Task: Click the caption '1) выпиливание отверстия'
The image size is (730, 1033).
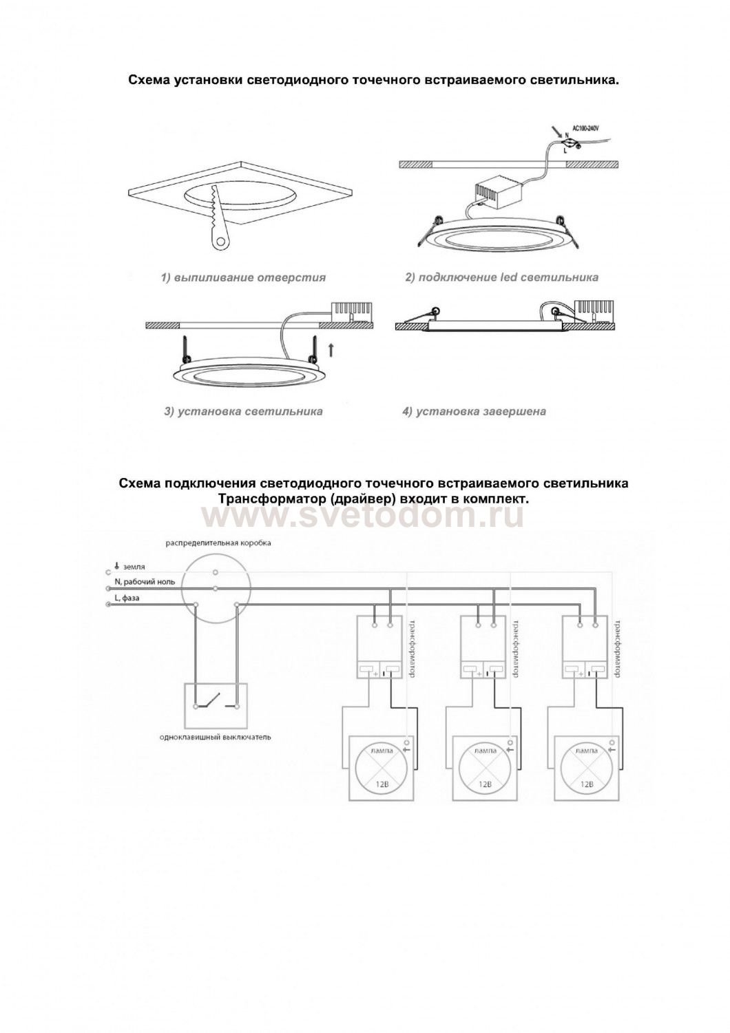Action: click(x=243, y=278)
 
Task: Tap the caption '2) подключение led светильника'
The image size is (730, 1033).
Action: click(x=501, y=278)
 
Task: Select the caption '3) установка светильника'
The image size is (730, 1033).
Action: click(x=243, y=412)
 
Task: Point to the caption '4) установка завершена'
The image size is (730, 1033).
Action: click(x=474, y=412)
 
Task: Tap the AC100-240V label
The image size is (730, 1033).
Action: click(x=586, y=128)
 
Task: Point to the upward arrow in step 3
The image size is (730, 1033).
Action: click(x=331, y=350)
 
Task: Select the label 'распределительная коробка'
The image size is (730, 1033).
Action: click(x=218, y=543)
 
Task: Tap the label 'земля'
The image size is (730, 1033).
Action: click(x=134, y=566)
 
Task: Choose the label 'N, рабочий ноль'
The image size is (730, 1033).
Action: click(x=145, y=582)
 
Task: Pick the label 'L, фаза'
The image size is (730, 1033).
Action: click(x=127, y=598)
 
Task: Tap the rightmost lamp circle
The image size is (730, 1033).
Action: click(x=587, y=769)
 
